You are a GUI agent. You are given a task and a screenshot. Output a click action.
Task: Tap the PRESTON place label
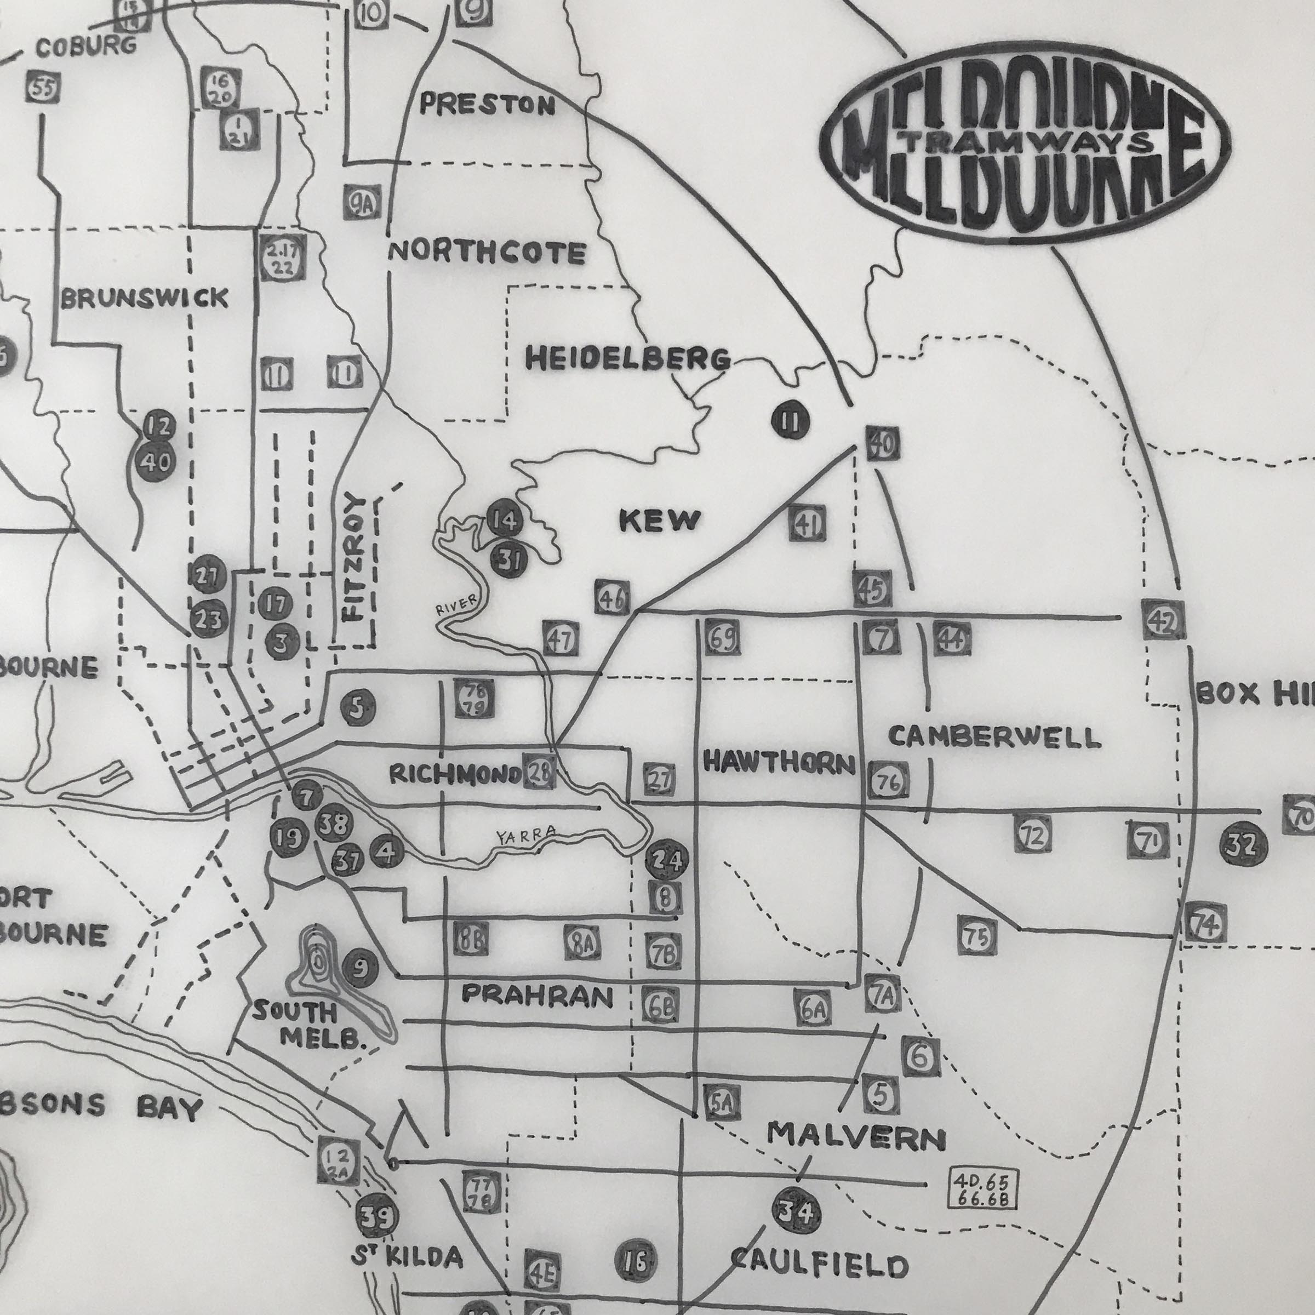tap(487, 104)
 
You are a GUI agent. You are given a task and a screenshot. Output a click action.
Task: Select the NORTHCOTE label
tap(487, 253)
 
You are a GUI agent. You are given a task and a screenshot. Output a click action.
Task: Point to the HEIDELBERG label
tap(627, 359)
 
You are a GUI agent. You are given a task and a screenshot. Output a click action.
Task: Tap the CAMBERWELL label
tap(994, 737)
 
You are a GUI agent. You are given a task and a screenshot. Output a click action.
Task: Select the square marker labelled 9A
tap(362, 202)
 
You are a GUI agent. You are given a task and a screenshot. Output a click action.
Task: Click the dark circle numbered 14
tap(506, 520)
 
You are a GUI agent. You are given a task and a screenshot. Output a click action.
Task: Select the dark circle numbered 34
tap(796, 1211)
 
